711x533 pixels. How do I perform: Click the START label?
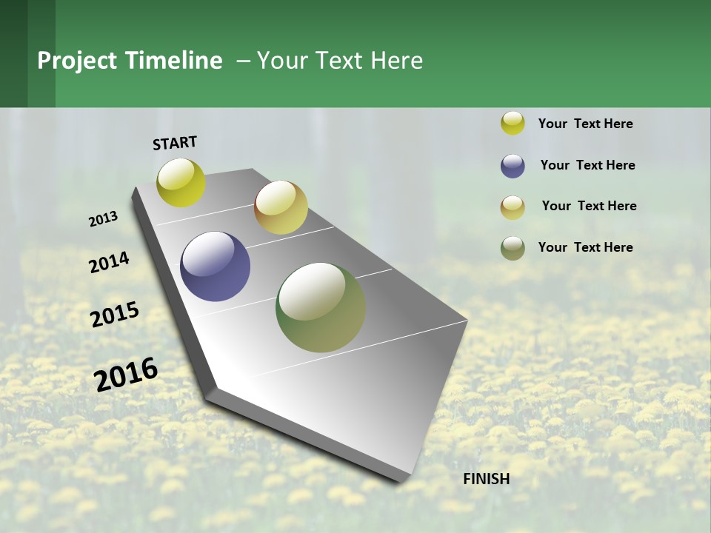175,143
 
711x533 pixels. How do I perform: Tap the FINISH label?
486,479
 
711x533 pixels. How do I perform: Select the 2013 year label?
103,219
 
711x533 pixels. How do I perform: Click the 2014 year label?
109,262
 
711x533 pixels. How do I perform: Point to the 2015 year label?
115,314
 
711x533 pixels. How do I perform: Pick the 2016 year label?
126,374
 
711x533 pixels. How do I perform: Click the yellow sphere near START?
181,182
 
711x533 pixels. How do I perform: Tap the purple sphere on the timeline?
215,266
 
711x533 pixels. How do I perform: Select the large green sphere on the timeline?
321,307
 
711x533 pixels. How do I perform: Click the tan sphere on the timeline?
281,207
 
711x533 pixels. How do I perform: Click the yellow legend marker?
513,124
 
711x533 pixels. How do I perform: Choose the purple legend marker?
513,166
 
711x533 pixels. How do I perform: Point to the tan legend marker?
513,207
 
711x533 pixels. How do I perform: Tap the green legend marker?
513,248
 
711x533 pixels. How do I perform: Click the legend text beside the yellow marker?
585,124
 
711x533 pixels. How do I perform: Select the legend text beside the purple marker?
587,165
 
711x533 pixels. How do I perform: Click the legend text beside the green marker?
585,247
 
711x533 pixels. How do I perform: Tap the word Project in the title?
78,61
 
